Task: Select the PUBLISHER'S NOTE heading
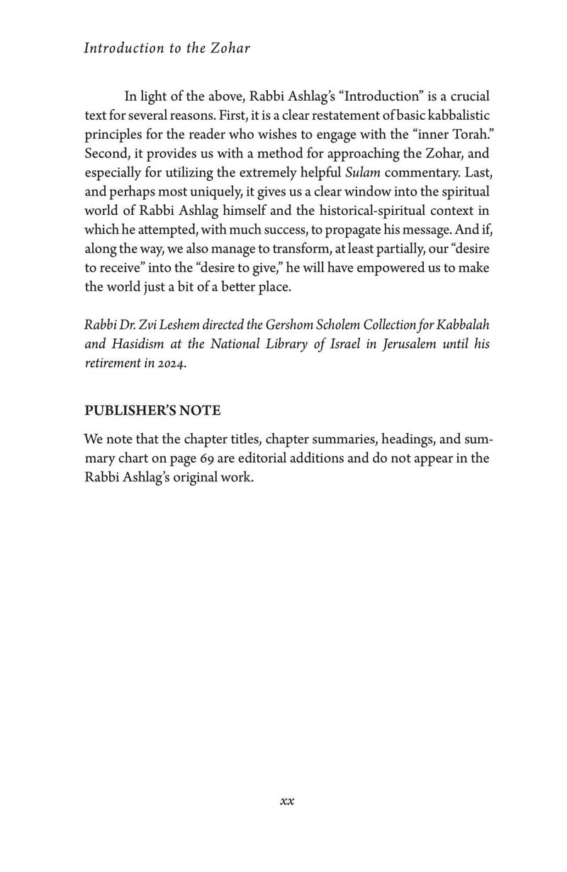(x=152, y=410)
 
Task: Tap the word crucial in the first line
(x=466, y=96)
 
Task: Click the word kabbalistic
(x=451, y=115)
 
